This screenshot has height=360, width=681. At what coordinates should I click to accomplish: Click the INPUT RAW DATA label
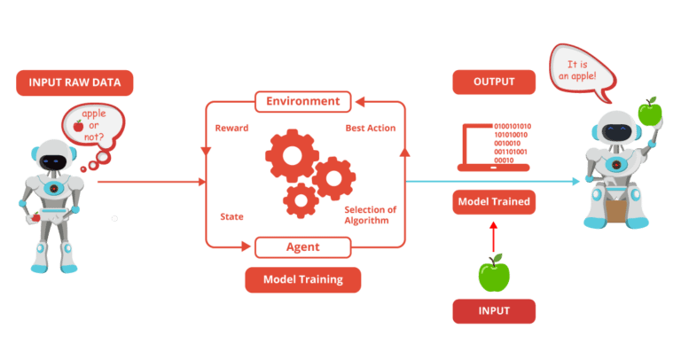(x=74, y=83)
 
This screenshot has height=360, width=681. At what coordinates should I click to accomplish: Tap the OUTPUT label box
(x=494, y=82)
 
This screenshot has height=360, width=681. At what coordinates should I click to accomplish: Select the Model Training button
(x=302, y=279)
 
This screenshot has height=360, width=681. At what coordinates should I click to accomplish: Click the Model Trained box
(x=494, y=202)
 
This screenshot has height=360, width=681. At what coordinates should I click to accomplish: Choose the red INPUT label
(x=494, y=310)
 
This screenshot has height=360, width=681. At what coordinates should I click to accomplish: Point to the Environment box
(x=303, y=102)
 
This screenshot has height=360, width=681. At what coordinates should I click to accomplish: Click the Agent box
(x=302, y=246)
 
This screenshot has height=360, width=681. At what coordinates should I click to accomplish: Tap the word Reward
(x=230, y=129)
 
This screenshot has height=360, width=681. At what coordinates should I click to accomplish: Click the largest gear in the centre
(x=291, y=153)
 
